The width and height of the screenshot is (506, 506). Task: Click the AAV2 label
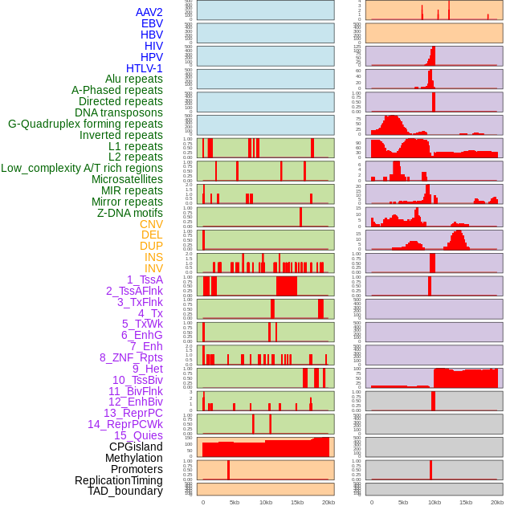pos(149,12)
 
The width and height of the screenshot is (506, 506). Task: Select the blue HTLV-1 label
pos(145,68)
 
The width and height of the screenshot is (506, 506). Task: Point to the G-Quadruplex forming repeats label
pos(85,124)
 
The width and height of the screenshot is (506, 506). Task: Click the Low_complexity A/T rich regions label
pos(82,168)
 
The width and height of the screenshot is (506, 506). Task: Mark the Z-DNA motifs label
pos(130,213)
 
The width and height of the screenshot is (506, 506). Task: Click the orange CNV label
pos(151,224)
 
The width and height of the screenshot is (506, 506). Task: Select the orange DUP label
pos(151,246)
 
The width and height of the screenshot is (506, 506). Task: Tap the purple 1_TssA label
pos(145,280)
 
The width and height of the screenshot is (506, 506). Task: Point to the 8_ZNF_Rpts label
pos(131,357)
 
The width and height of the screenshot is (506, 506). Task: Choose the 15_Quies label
pos(138,435)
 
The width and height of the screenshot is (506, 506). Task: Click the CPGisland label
pos(136,447)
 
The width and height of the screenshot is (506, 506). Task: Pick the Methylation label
pos(134,458)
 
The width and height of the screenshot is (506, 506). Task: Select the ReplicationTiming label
pos(119,480)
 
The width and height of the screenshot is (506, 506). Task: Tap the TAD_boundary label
pos(125,491)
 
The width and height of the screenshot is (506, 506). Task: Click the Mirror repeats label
pos(128,202)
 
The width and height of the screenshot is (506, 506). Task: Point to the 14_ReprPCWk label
pos(125,424)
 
